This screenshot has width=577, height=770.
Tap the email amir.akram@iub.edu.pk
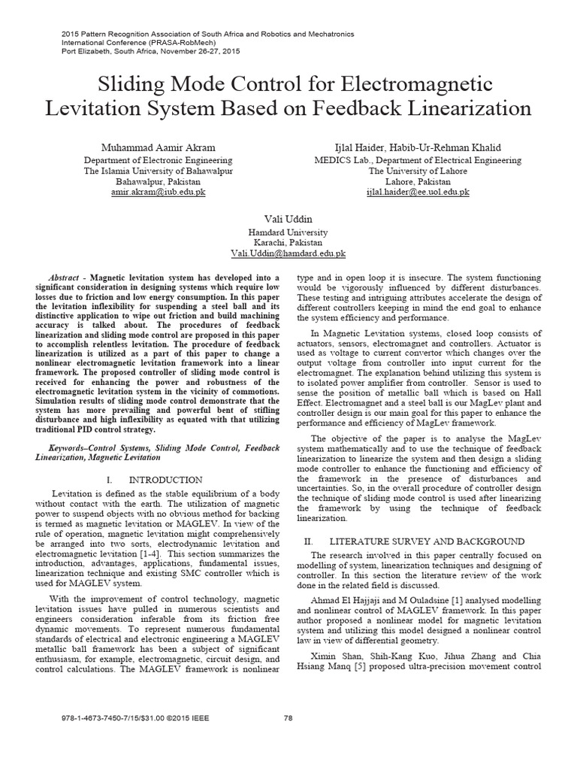[158, 192]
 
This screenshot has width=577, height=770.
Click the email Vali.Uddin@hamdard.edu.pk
[288, 256]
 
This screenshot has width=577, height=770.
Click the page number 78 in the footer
[288, 738]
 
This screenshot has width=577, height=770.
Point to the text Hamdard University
[288, 232]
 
